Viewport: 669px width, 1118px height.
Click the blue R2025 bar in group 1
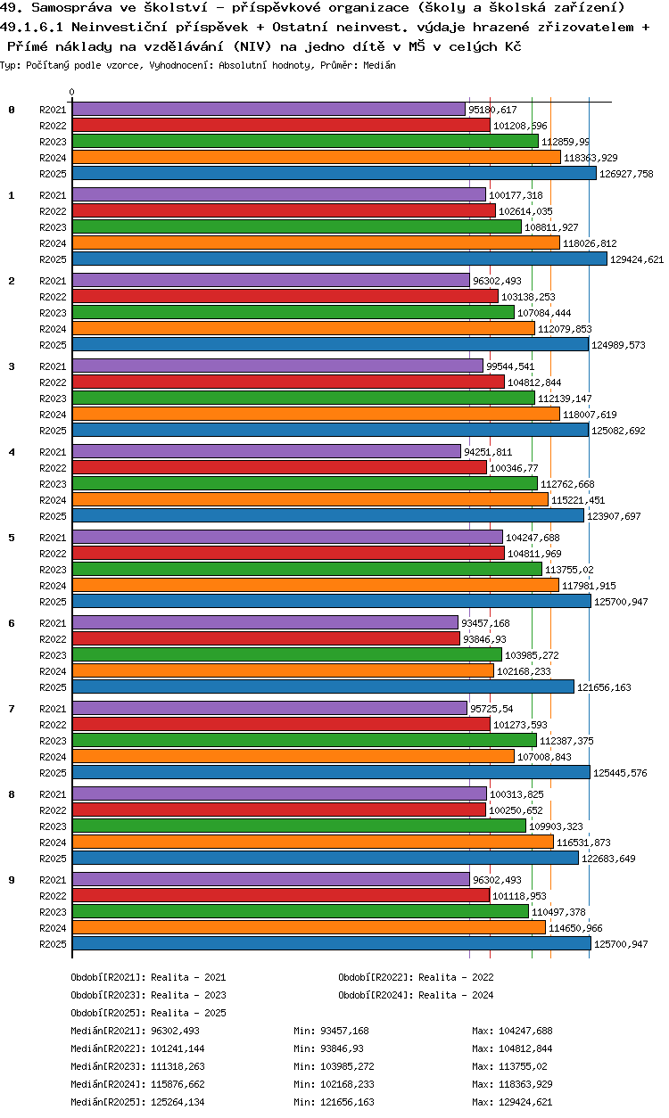339,259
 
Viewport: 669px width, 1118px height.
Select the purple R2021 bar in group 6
264,623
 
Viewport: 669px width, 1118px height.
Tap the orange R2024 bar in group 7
293,757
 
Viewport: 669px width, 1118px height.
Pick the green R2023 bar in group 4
304,484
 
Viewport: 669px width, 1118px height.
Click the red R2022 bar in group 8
278,810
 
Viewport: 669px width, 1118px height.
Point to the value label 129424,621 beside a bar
637,259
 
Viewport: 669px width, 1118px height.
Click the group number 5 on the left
12,538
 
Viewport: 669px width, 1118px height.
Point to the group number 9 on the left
12,880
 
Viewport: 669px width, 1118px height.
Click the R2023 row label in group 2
54,313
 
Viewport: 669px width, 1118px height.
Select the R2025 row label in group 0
54,174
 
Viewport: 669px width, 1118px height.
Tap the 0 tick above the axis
71,92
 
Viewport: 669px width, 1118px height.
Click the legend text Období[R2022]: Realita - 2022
416,977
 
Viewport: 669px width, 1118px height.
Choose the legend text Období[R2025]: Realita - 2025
148,1013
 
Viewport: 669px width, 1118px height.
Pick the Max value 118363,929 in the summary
512,1084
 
